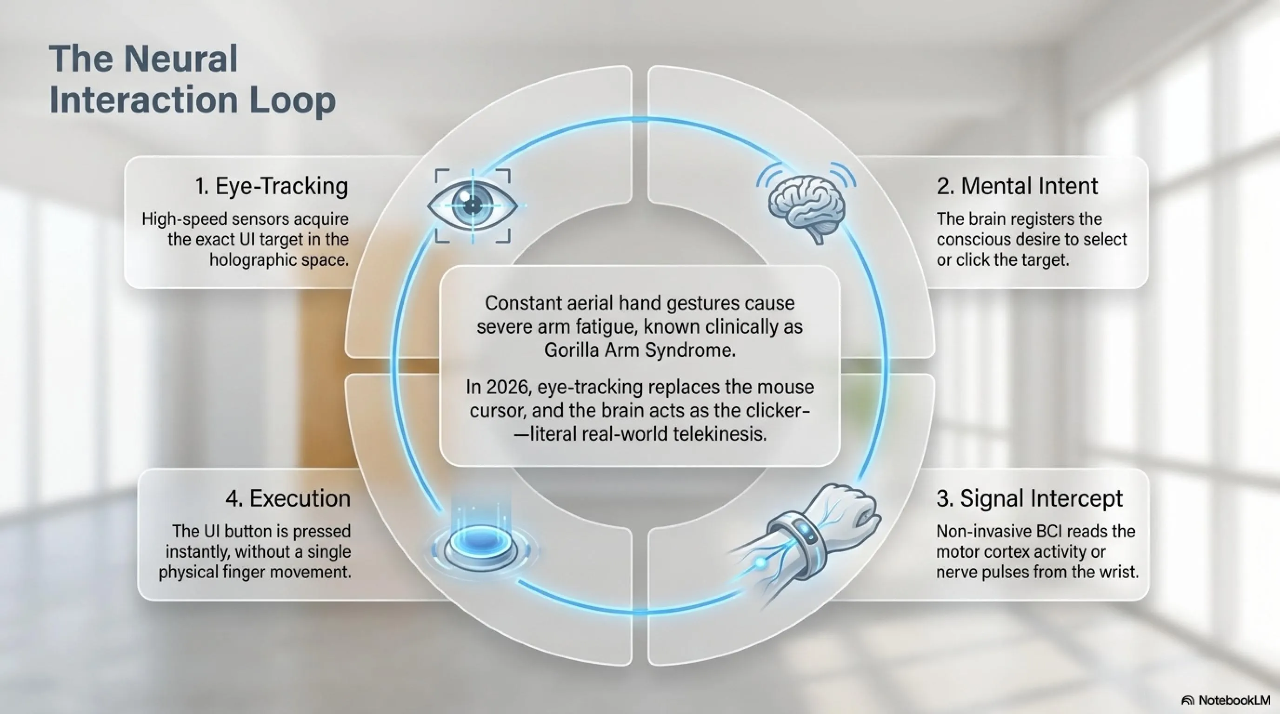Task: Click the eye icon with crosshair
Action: [472, 205]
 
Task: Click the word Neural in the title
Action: [181, 59]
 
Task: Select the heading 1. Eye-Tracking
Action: [272, 187]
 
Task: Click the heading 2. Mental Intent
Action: [1017, 187]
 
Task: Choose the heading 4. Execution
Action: [288, 498]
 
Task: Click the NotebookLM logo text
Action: [1234, 701]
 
